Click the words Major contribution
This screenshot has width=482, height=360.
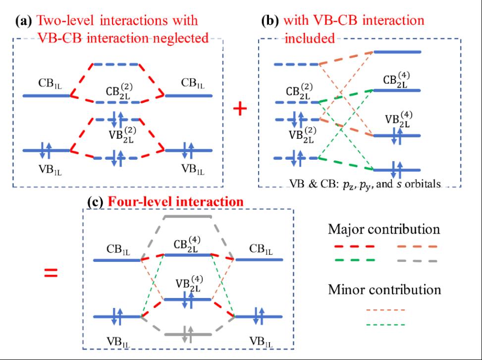(383, 230)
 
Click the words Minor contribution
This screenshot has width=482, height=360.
(384, 289)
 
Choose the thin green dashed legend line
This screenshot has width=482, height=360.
(385, 325)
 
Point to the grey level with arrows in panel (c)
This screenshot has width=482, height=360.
(187, 334)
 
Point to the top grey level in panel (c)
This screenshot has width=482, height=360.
(188, 216)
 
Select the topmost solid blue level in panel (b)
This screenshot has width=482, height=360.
(397, 52)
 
